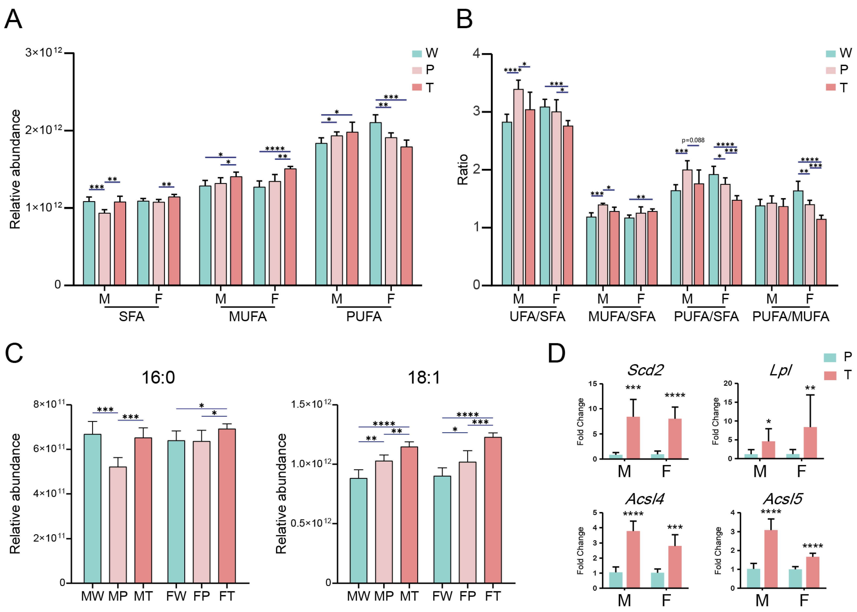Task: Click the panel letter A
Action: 13,19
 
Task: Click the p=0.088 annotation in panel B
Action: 693,140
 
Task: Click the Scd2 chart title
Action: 645,370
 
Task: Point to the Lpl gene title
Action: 780,370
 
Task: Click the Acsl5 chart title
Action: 783,499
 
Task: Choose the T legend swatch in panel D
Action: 830,375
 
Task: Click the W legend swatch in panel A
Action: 417,53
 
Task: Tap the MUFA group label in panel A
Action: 248,316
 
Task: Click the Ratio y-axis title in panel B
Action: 462,170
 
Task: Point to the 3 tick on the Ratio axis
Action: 477,112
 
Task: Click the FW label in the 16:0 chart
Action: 176,596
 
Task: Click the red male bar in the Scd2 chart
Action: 633,438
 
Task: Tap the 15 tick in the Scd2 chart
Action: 593,384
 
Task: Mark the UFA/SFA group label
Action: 537,316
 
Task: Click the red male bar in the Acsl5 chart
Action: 771,559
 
